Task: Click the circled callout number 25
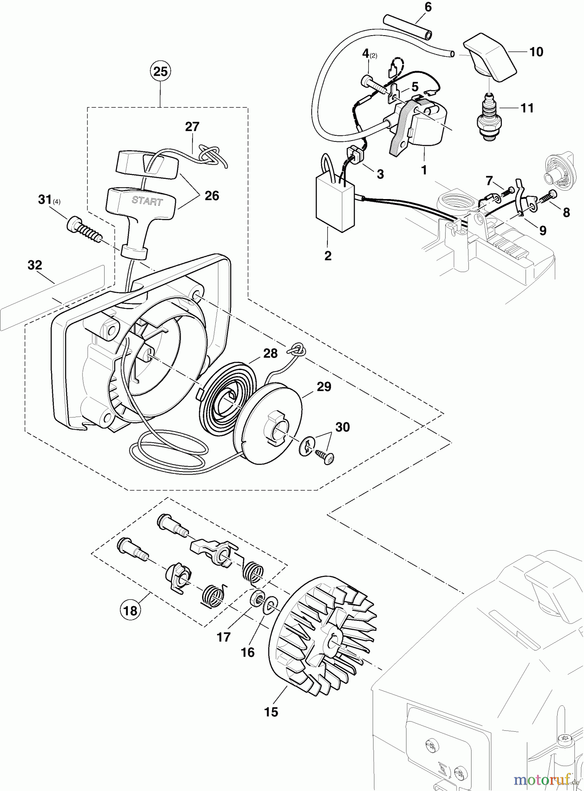[160, 71]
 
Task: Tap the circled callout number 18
[131, 610]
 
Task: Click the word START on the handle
[147, 201]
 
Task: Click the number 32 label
[35, 265]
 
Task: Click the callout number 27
[192, 127]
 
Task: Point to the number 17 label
[224, 637]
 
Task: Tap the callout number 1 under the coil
[424, 170]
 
